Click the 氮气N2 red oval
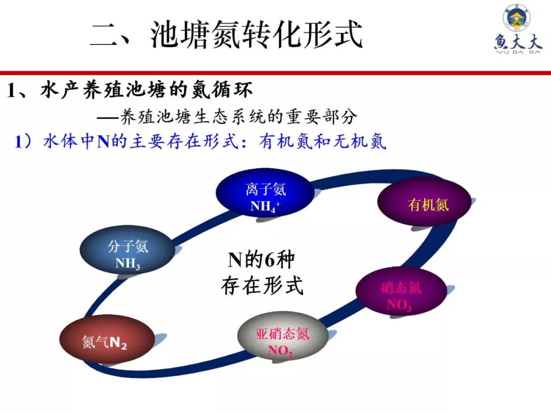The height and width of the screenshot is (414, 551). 107,341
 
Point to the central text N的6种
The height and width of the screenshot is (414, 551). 261,260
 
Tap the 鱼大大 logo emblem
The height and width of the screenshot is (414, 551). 516,18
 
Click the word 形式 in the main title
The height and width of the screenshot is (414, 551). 336,35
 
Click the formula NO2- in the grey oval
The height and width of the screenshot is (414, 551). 282,351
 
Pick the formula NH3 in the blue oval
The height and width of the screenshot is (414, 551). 128,264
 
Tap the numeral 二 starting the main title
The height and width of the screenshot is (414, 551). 107,35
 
